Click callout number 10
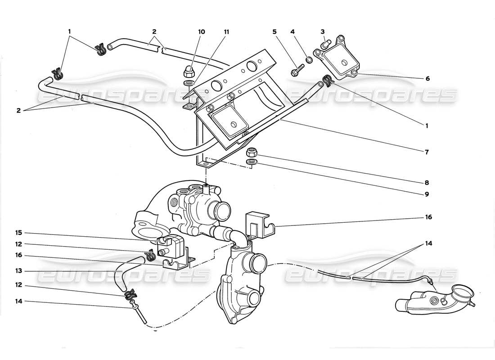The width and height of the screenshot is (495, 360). point(201,32)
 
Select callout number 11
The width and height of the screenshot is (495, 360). point(226,32)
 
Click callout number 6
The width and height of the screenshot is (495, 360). point(427,78)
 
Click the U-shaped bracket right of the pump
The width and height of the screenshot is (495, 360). point(258,225)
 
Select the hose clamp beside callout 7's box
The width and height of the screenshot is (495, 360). point(328,81)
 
